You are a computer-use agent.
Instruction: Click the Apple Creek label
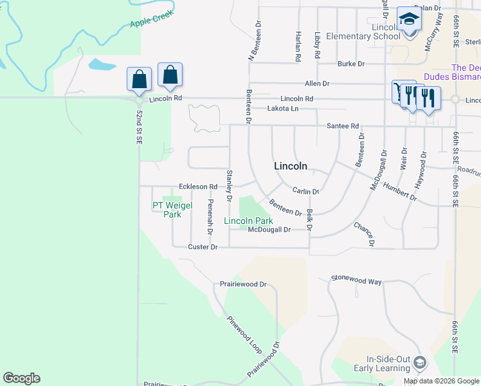(x=152, y=21)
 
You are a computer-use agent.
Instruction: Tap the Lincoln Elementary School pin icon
(x=408, y=19)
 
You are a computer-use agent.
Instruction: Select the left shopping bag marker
(x=139, y=80)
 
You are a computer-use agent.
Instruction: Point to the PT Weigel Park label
(x=166, y=210)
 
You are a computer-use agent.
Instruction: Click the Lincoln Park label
(x=248, y=221)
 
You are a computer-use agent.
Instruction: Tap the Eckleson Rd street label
(x=198, y=187)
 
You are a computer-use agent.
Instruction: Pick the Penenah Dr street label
(x=210, y=216)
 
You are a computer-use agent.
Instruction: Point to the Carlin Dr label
(x=305, y=191)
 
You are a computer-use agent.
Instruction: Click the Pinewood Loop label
(x=244, y=334)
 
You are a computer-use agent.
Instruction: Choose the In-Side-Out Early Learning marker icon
(x=420, y=363)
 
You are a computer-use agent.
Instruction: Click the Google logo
(x=21, y=378)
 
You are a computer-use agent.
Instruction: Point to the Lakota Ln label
(x=283, y=109)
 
